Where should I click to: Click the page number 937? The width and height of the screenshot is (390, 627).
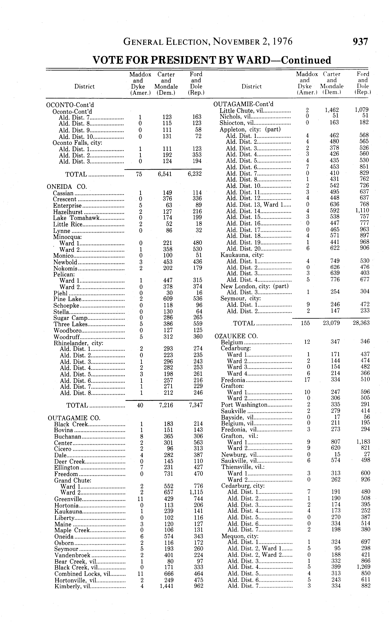point(360,42)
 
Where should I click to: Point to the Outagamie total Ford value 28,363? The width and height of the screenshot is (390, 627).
point(361,323)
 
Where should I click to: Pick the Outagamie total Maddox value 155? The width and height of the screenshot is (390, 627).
point(305,323)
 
